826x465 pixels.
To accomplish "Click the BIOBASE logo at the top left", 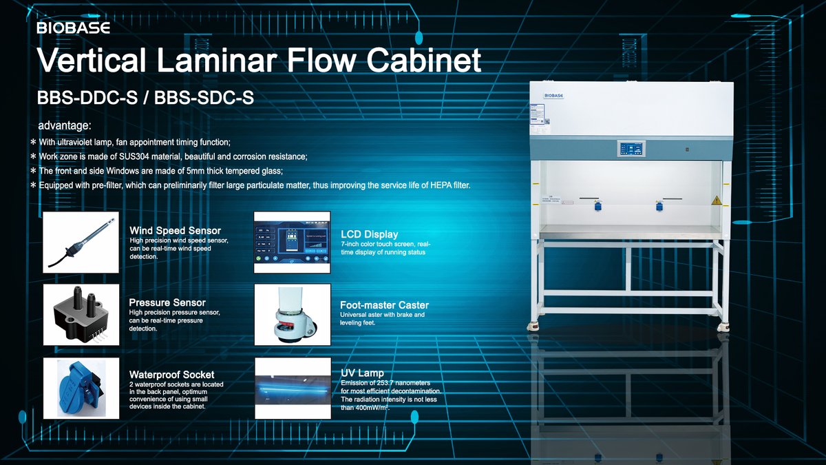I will click(x=73, y=28).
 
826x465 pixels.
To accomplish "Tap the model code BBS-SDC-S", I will click(x=204, y=98).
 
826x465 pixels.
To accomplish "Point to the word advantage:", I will click(x=65, y=126).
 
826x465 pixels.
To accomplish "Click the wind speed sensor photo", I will click(x=81, y=242).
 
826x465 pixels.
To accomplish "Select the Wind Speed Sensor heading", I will click(x=175, y=231).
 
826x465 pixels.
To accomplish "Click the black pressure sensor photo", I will click(x=81, y=314).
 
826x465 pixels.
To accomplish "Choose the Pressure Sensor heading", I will click(x=167, y=302).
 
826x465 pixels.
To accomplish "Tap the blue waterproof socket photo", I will click(x=81, y=388).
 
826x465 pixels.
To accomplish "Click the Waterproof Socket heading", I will click(x=171, y=375).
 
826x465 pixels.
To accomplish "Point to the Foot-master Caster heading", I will click(x=384, y=305).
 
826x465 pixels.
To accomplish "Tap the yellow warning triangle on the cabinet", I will click(x=716, y=200).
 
